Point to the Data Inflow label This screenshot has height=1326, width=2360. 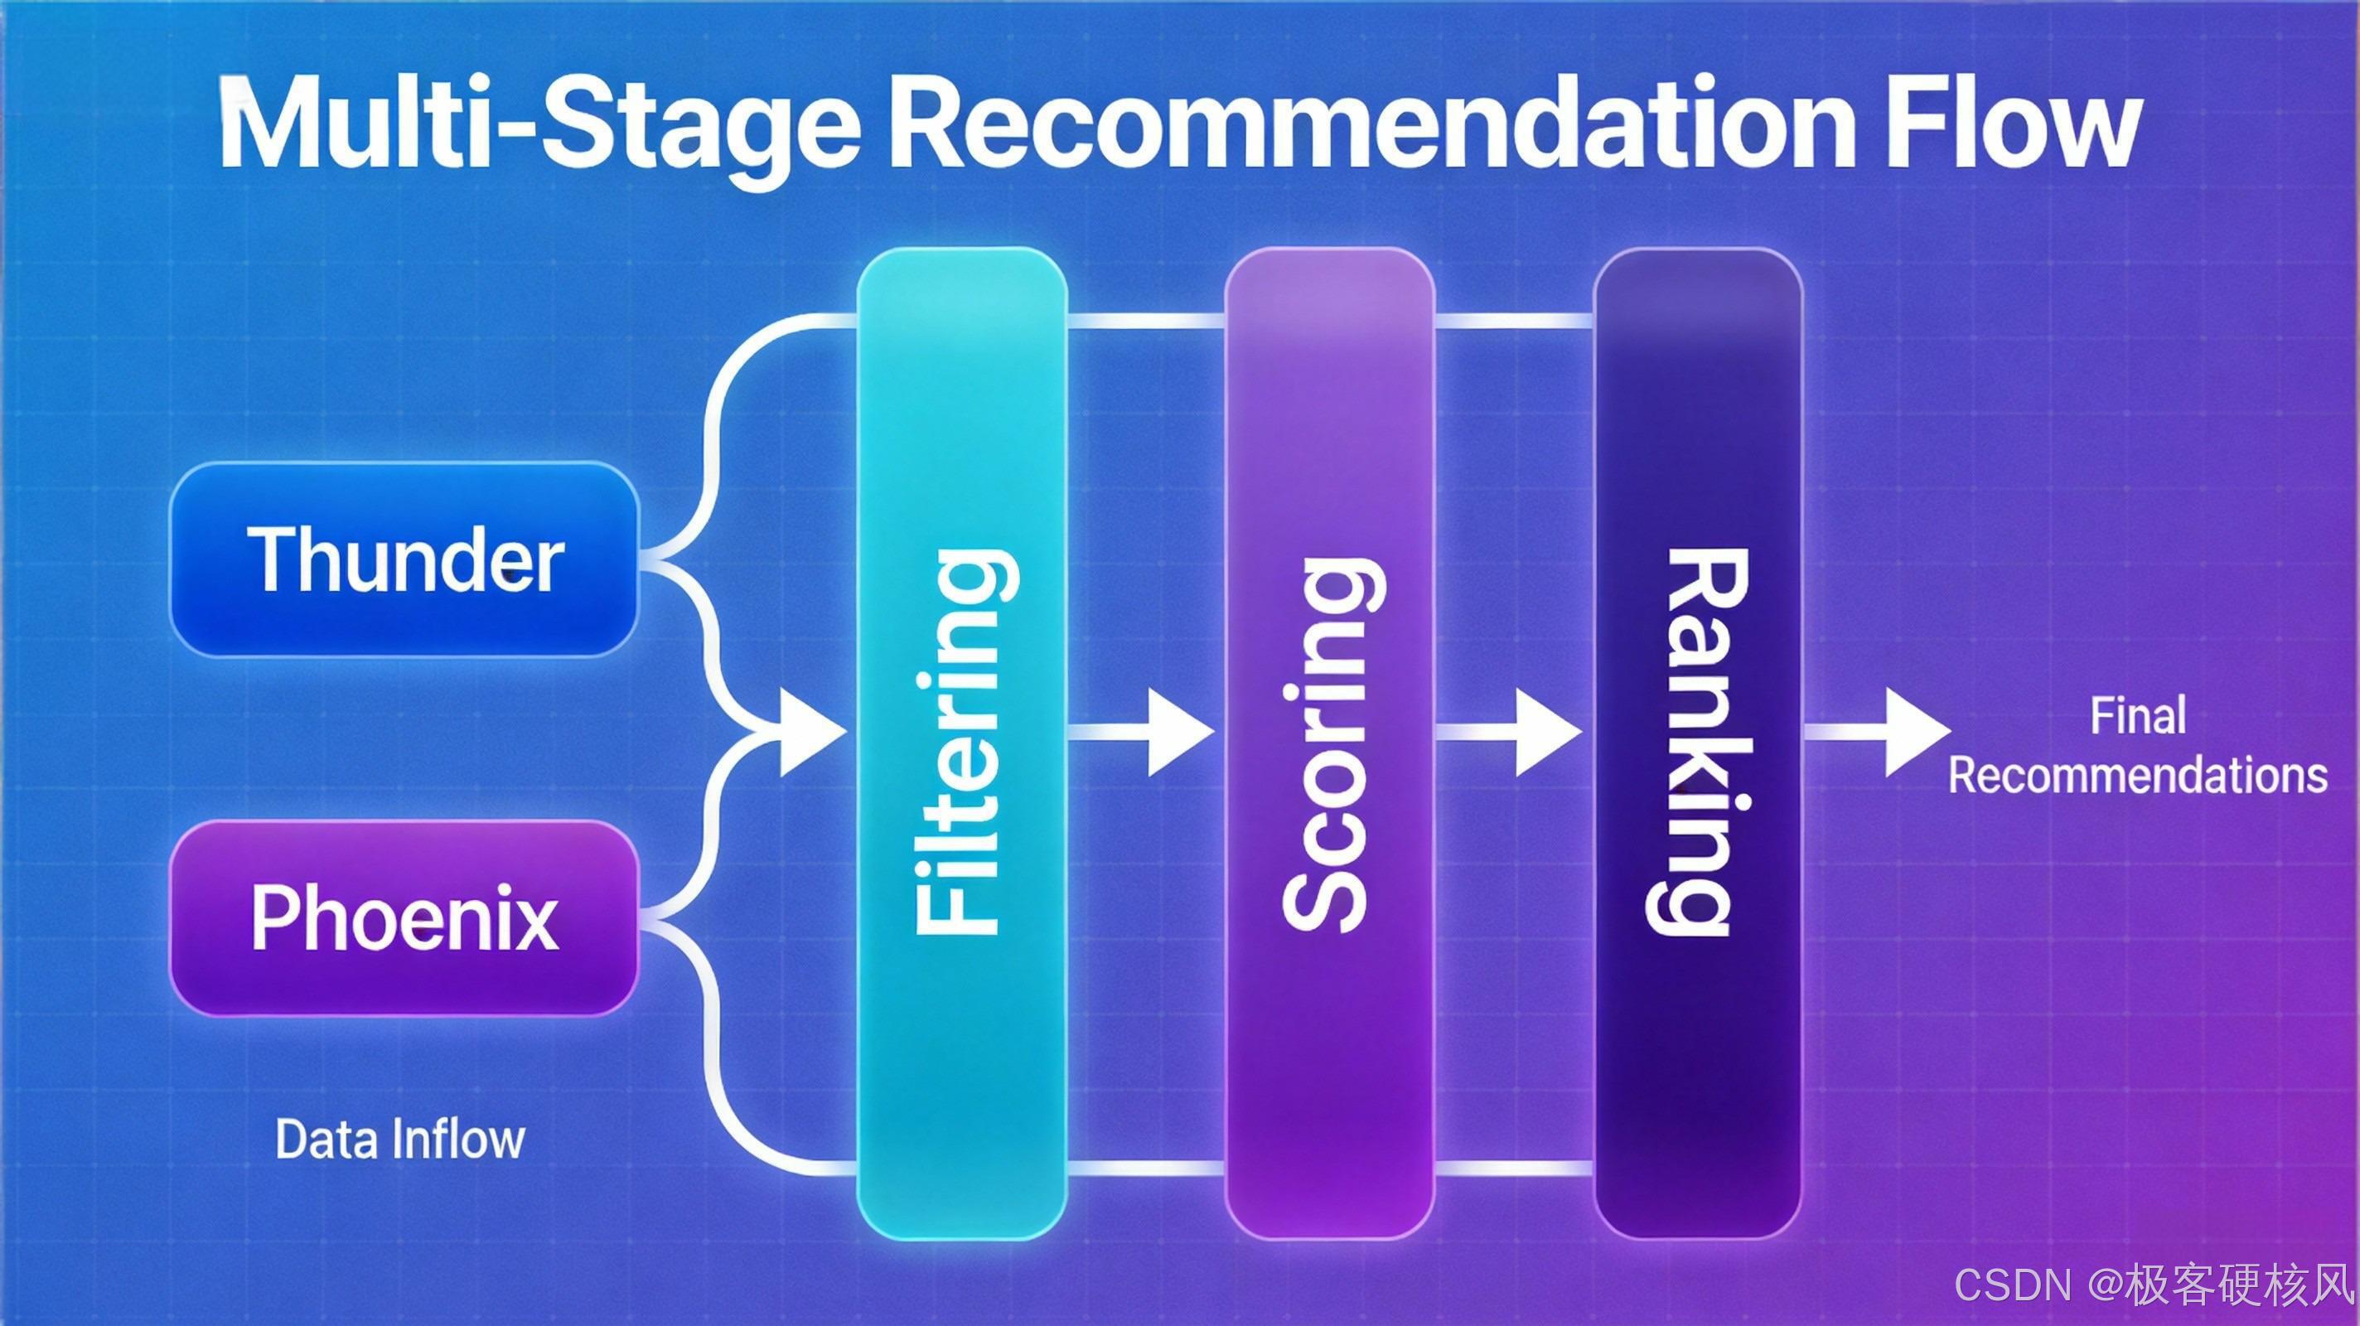(x=399, y=1139)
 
